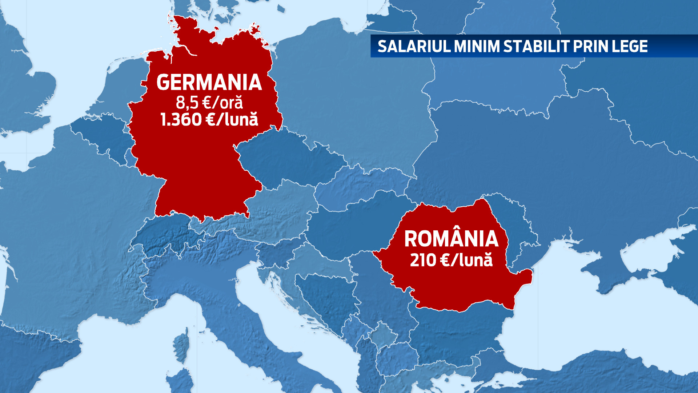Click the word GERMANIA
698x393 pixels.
click(x=209, y=83)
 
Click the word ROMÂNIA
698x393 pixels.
click(x=451, y=239)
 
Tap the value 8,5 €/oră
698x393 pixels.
click(x=209, y=103)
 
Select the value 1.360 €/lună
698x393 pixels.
click(x=209, y=119)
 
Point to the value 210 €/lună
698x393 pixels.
click(x=451, y=260)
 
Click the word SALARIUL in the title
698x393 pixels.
click(x=414, y=47)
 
